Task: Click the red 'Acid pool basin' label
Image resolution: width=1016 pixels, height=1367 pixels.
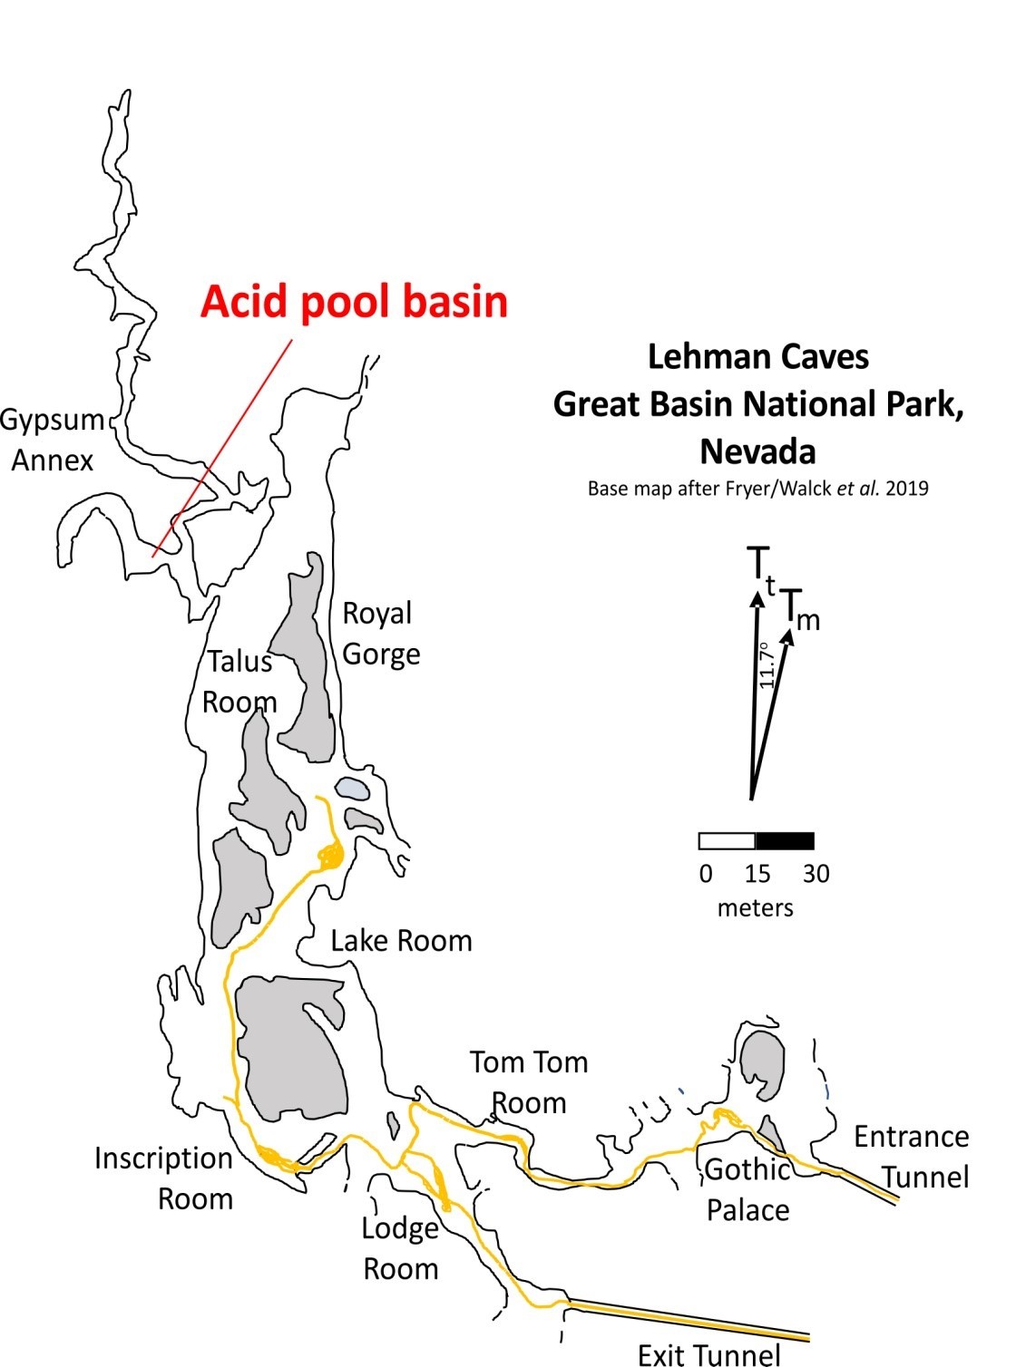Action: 354,302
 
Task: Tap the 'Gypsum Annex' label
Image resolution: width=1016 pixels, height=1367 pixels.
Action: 53,441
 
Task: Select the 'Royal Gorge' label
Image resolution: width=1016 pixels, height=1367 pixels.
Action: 380,634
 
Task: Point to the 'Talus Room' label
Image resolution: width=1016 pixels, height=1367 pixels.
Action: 239,682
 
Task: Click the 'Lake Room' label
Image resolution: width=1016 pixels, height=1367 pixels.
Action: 401,941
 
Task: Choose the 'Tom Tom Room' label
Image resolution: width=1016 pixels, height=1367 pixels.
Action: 529,1082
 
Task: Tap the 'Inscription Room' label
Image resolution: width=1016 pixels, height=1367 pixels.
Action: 164,1178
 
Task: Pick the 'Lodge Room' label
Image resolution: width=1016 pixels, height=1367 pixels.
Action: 400,1248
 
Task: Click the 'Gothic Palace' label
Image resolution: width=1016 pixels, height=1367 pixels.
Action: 747,1189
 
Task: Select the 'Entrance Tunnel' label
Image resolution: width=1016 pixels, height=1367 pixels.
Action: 911,1157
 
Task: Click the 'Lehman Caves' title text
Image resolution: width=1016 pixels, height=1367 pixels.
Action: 758,356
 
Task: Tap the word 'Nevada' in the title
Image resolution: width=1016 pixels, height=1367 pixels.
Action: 757,451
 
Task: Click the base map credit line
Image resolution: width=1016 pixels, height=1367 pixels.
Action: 758,489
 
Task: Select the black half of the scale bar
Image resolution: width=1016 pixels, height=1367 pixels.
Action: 785,841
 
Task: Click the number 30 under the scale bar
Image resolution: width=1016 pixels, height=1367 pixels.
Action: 816,874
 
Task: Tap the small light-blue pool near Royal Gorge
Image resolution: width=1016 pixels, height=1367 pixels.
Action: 352,788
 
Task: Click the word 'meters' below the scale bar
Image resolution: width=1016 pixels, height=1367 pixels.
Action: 755,907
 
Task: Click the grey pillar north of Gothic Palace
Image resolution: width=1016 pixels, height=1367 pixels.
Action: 761,1063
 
